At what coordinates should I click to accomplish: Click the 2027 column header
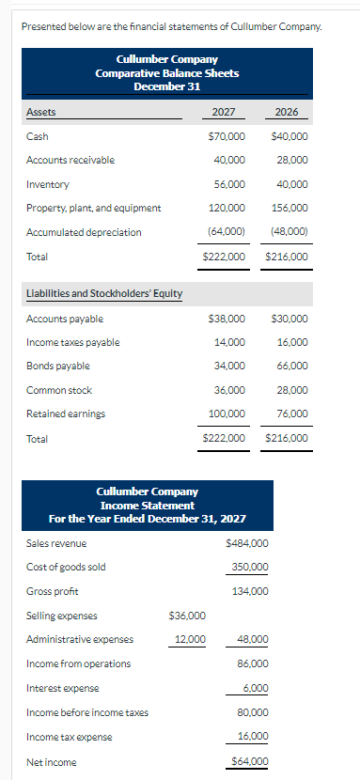[x=224, y=112]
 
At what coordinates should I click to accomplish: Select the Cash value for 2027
[x=227, y=136]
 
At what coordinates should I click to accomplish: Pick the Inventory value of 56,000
[x=229, y=184]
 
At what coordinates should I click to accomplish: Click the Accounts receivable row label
[x=70, y=160]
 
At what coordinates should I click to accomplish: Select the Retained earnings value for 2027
[x=227, y=413]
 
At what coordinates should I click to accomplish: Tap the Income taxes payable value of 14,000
[x=229, y=342]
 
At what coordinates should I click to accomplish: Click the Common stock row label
[x=59, y=390]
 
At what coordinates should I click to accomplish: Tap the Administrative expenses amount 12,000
[x=190, y=640]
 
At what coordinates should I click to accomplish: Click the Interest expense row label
[x=61, y=688]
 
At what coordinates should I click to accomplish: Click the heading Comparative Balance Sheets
[x=167, y=72]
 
